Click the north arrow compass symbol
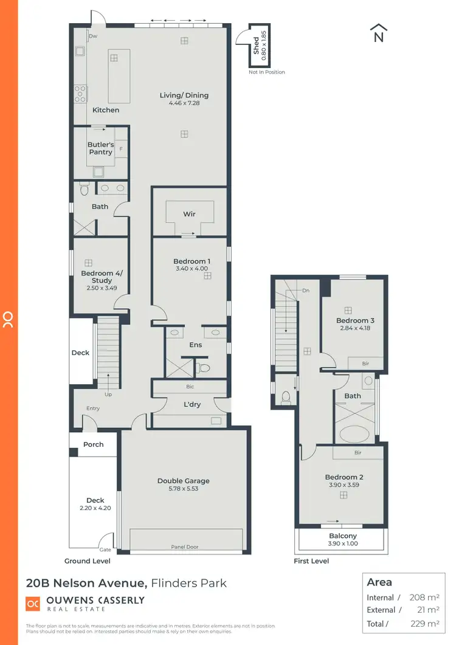pos(379,33)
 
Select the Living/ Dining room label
pos(184,95)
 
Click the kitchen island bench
pos(119,76)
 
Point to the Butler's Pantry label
pos(101,148)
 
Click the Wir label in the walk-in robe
pos(189,214)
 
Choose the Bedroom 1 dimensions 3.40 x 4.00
pos(192,269)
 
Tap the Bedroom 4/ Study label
pos(97,277)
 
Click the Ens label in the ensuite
pos(195,345)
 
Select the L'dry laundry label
pos(192,404)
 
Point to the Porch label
pos(94,444)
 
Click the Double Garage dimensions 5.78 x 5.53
pos(184,489)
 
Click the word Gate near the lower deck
pos(105,534)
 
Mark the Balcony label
pos(343,536)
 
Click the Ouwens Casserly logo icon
pos(33,604)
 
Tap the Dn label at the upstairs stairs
pos(306,291)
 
